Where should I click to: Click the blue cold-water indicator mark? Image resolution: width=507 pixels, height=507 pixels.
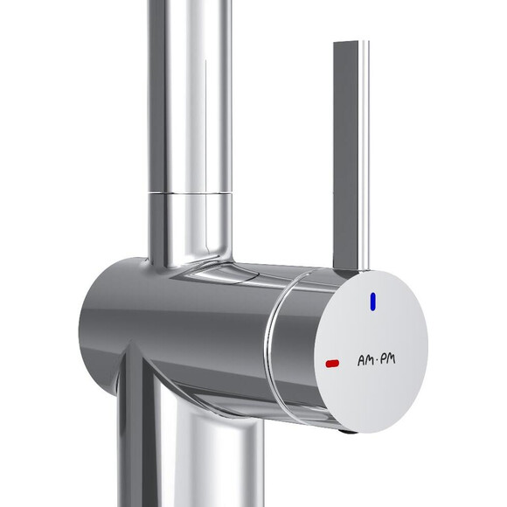tap(373, 302)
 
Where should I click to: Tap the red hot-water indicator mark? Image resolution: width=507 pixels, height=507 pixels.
tap(332, 364)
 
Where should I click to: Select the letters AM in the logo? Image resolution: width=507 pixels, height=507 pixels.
tap(365, 360)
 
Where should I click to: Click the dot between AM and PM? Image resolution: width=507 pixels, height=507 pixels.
tap(377, 361)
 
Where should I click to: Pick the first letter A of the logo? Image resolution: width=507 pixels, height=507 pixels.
tap(361, 361)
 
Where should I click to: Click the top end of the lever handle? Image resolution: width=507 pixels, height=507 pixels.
tap(351, 42)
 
